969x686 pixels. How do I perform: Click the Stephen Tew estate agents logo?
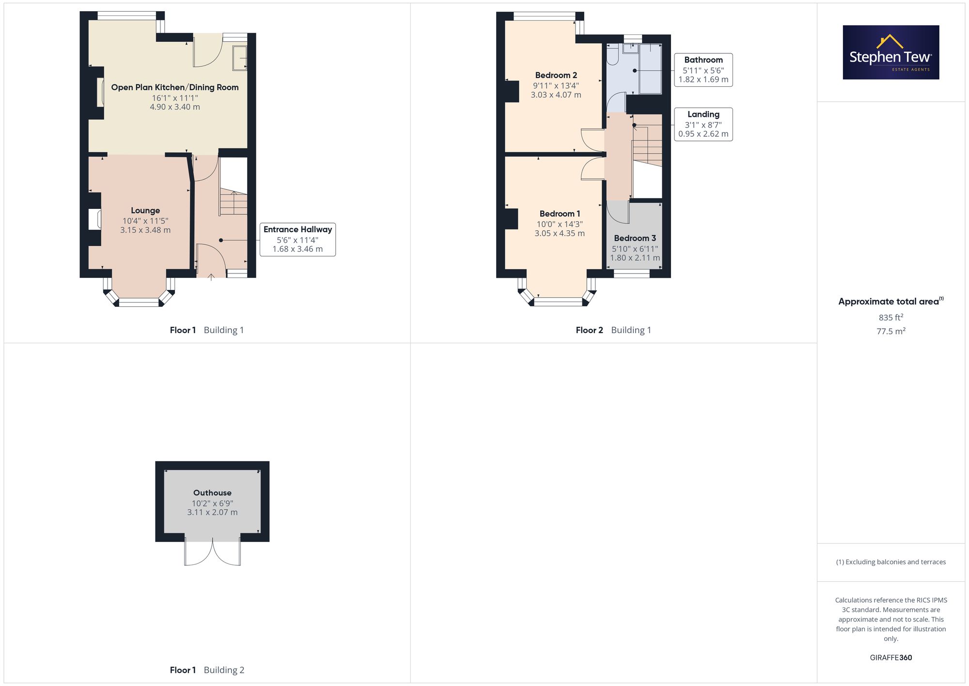(x=891, y=52)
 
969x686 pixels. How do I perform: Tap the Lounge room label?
(x=145, y=210)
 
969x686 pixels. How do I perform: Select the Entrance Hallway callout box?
(x=297, y=239)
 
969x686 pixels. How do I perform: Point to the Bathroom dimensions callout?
(x=703, y=70)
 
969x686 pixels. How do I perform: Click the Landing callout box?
(x=703, y=124)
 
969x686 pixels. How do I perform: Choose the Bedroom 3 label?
(x=635, y=238)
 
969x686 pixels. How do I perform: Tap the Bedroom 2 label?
(x=556, y=75)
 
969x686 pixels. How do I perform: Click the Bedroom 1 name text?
(x=560, y=214)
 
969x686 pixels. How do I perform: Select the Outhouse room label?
(x=212, y=493)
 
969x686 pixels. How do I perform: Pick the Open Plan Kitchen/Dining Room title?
(x=175, y=87)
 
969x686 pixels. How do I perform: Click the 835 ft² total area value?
(x=891, y=318)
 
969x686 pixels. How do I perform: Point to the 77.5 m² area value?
(x=891, y=331)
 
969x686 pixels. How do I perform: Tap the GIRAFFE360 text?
(x=891, y=657)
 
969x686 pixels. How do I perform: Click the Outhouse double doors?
(x=212, y=553)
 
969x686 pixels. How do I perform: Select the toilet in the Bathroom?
(x=612, y=54)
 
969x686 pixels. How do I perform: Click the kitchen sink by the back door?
(x=240, y=58)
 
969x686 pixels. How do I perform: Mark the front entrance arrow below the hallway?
(x=211, y=277)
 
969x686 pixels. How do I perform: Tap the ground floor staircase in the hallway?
(x=234, y=202)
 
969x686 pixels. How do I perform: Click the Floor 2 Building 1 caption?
(x=613, y=330)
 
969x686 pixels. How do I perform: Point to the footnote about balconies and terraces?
(x=891, y=562)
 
